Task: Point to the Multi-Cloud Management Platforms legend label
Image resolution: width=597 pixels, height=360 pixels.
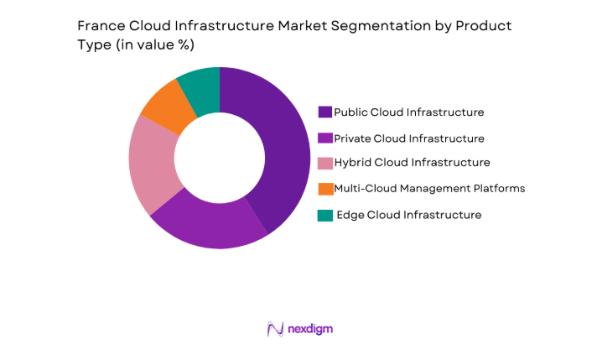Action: click(x=428, y=188)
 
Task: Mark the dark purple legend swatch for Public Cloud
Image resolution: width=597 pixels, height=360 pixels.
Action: click(x=324, y=112)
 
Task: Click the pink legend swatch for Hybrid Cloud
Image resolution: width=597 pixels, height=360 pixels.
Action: click(x=324, y=163)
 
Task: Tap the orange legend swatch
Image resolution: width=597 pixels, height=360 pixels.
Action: click(x=324, y=189)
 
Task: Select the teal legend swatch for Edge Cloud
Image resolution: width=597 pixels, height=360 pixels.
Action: click(x=324, y=216)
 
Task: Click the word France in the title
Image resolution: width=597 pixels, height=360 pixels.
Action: click(x=101, y=26)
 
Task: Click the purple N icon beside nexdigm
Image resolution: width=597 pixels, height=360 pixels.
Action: click(x=275, y=328)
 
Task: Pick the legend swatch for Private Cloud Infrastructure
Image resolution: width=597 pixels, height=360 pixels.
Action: click(x=324, y=138)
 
